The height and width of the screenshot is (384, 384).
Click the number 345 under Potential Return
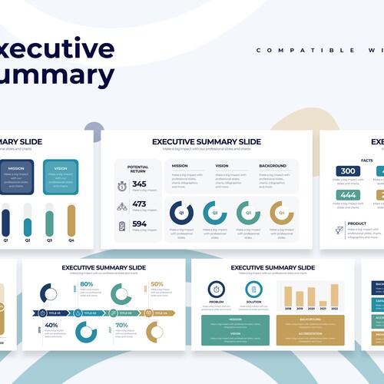(x=139, y=184)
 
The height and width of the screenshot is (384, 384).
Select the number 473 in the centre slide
(x=139, y=204)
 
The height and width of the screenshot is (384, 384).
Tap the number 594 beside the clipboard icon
(x=139, y=224)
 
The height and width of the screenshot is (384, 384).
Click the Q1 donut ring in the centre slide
(x=181, y=213)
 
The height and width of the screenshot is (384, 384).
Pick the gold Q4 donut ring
(x=281, y=213)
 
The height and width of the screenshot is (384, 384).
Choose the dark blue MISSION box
(x=16, y=177)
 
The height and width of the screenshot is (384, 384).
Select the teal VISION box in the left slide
(x=60, y=177)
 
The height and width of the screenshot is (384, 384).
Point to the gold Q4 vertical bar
(x=71, y=220)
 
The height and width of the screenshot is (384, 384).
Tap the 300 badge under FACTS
(x=348, y=171)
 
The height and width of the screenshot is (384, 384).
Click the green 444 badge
(x=348, y=196)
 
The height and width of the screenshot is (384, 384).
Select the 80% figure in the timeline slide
(x=87, y=285)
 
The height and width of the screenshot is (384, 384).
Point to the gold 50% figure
(x=157, y=285)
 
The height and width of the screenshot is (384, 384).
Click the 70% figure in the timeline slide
(x=121, y=326)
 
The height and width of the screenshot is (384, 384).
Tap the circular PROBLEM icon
(x=216, y=290)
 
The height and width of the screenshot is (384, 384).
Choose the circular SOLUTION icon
(x=253, y=290)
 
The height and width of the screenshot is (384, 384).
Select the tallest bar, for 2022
(x=335, y=296)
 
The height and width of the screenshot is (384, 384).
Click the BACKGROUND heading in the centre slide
(x=273, y=166)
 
